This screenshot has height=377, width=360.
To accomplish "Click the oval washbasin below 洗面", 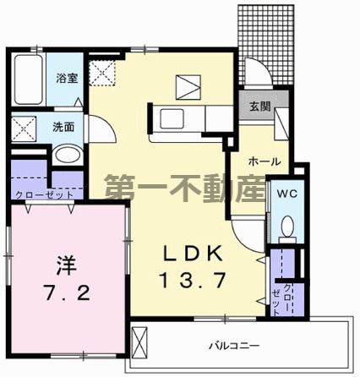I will pyautogui.click(x=64, y=155).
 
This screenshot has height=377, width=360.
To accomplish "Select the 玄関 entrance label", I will pyautogui.click(x=259, y=107).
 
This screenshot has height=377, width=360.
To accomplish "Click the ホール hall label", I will pyautogui.click(x=263, y=161).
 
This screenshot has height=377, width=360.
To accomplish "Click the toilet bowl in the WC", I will pyautogui.click(x=286, y=227).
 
